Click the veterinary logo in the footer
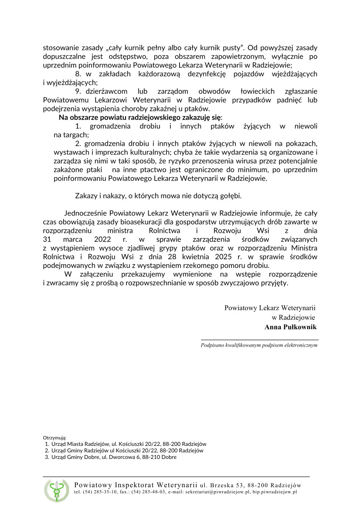pyautogui.click(x=56, y=489)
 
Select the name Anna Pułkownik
pyautogui.click(x=290, y=327)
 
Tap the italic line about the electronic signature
pyautogui.click(x=259, y=345)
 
